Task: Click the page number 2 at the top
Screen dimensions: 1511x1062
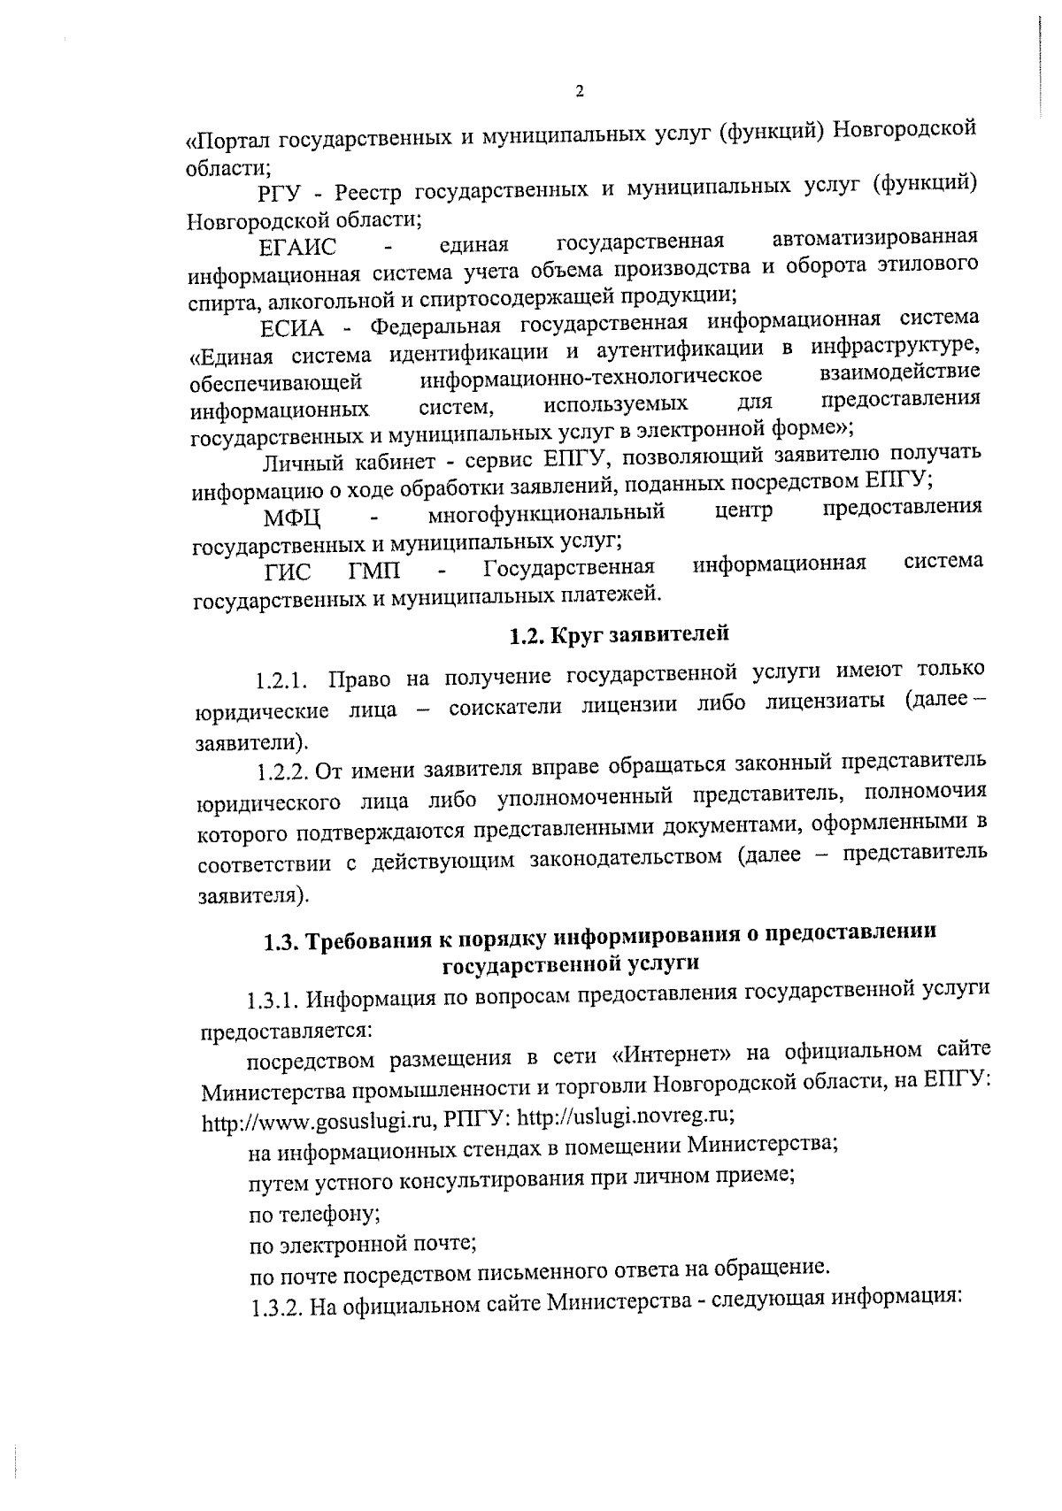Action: pyautogui.click(x=580, y=91)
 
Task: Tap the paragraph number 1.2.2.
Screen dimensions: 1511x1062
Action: pyautogui.click(x=282, y=771)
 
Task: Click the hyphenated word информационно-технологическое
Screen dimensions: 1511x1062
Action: pyautogui.click(x=591, y=379)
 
